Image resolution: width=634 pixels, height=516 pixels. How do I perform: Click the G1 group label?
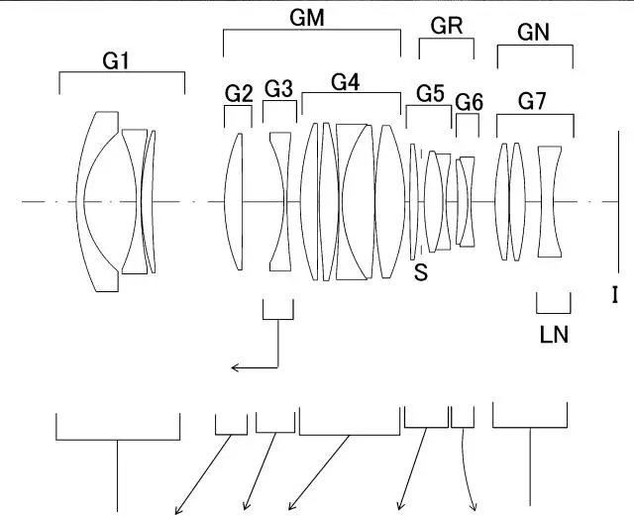pos(117,61)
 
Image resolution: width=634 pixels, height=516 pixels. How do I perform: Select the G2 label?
pos(239,93)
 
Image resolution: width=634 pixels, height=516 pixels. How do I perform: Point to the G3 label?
pos(279,89)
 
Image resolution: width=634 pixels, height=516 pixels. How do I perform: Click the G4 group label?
pos(345,83)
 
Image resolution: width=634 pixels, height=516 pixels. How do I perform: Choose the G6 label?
pos(469,101)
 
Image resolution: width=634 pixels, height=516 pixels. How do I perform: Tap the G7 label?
pos(534,100)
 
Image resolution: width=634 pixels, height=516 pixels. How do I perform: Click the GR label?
pos(448,26)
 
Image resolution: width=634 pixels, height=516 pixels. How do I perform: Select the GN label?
pos(534,33)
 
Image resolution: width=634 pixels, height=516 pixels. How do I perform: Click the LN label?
pos(554,334)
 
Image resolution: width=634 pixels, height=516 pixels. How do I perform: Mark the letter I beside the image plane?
pos(614,294)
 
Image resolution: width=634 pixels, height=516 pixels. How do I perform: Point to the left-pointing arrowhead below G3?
pos(236,368)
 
